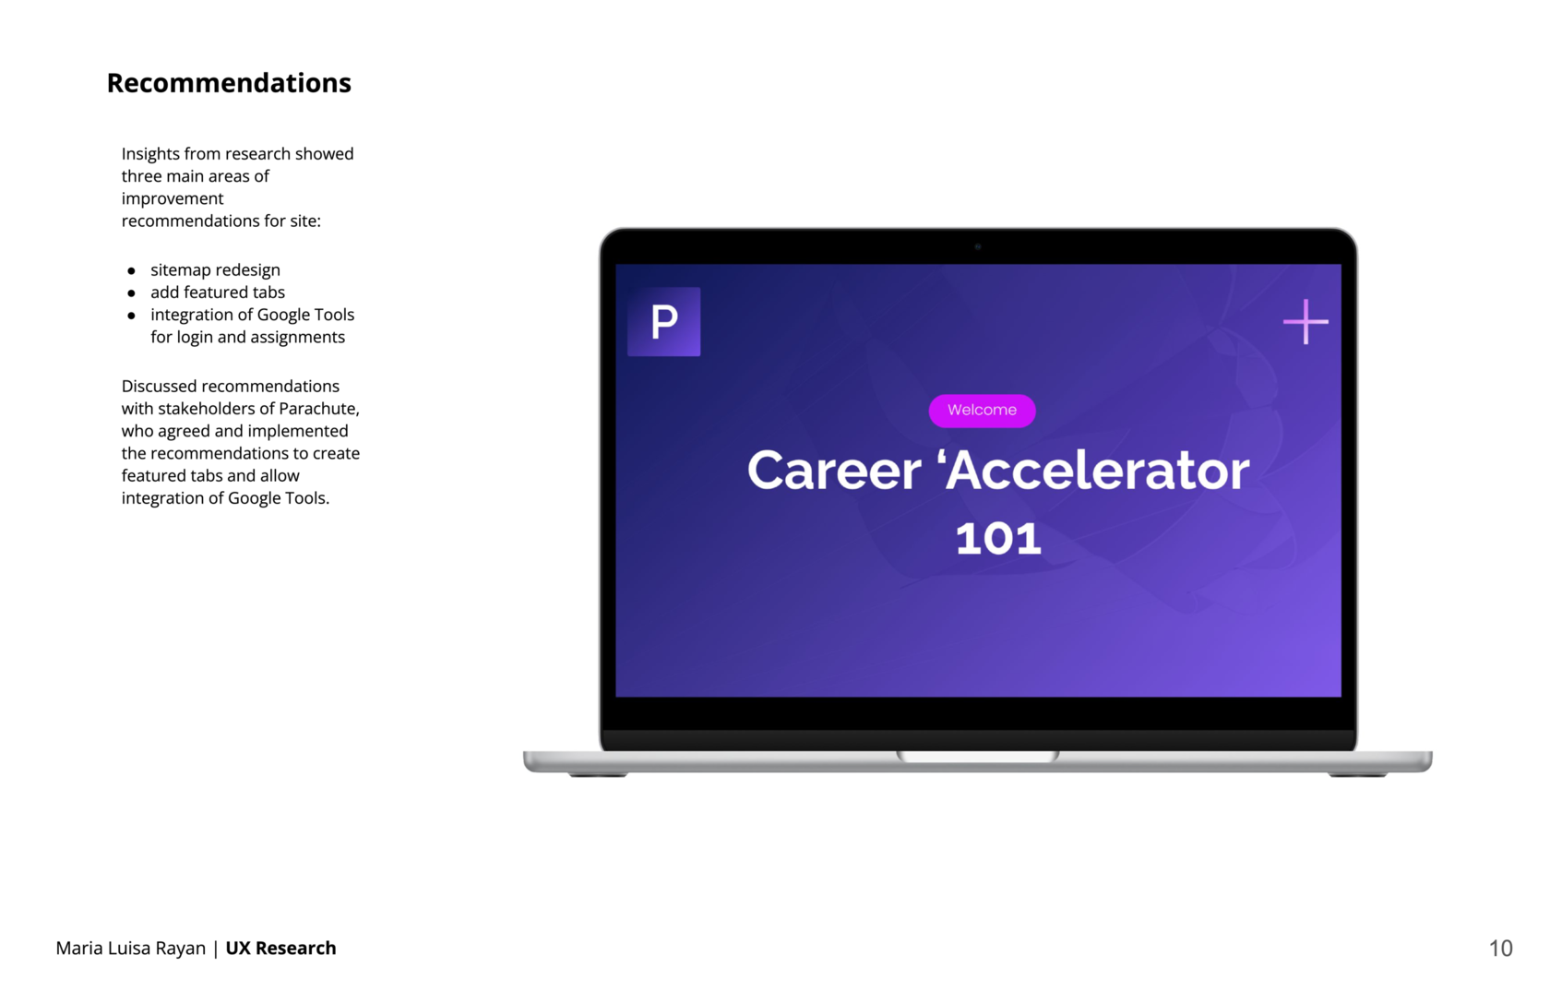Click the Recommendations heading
pyautogui.click(x=229, y=83)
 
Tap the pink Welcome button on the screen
pyautogui.click(x=982, y=411)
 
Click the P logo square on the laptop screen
pyautogui.click(x=663, y=322)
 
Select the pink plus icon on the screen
pyautogui.click(x=1306, y=322)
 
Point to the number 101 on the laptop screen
pyautogui.click(x=998, y=539)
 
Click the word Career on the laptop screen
pyautogui.click(x=834, y=471)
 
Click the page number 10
pyautogui.click(x=1500, y=949)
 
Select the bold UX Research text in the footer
pyautogui.click(x=280, y=948)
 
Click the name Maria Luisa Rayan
pyautogui.click(x=131, y=949)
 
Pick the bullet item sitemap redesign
pyautogui.click(x=215, y=270)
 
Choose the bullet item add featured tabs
pyautogui.click(x=218, y=293)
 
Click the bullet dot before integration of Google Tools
pyautogui.click(x=131, y=316)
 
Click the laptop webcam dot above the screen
pyautogui.click(x=978, y=246)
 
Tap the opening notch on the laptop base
pyautogui.click(x=978, y=757)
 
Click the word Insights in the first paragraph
pyautogui.click(x=151, y=154)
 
